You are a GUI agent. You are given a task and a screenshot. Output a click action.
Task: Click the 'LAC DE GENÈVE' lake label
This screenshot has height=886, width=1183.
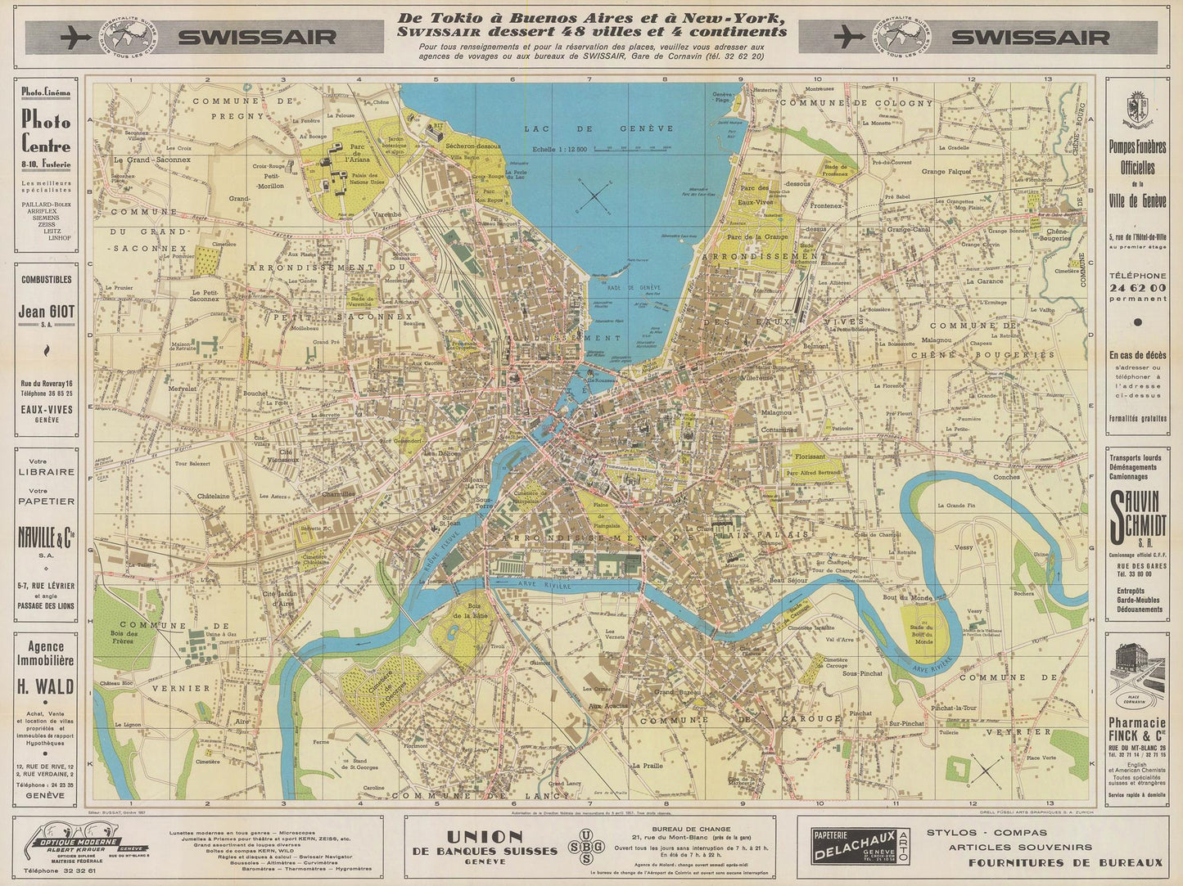601,128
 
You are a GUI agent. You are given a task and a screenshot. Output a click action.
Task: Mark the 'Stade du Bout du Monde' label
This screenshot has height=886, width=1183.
923,632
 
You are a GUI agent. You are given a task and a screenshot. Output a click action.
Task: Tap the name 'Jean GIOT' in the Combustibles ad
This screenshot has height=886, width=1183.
46,312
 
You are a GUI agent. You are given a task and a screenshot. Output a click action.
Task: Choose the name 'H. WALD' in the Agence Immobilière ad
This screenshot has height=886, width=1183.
46,686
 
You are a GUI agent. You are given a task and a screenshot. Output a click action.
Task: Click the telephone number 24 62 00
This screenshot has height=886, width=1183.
1137,288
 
